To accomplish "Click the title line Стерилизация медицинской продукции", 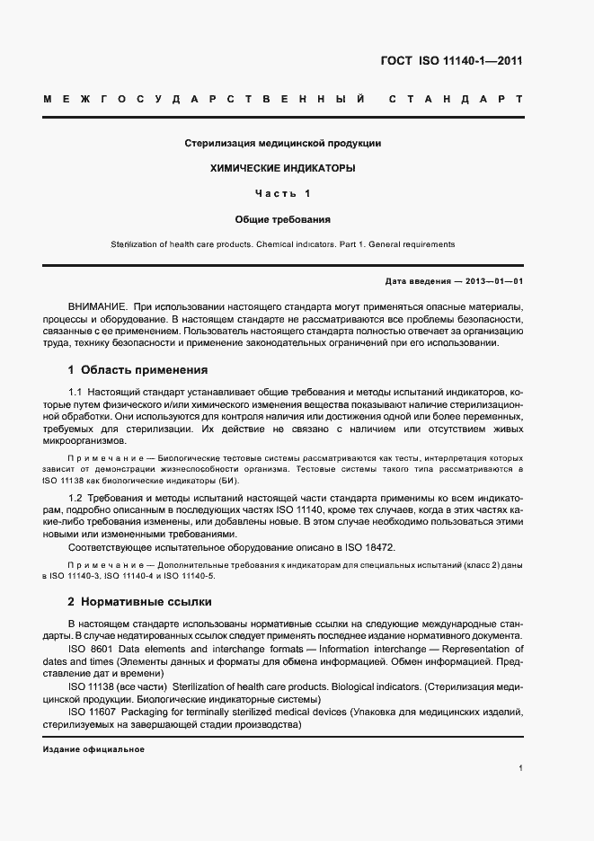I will coord(283,143).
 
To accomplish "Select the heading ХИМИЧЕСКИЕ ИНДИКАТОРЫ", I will coord(283,168).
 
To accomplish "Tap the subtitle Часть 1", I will coord(283,193).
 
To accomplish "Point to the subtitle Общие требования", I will coord(283,218).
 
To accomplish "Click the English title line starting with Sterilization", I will coord(283,243).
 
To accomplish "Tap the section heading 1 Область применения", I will coord(137,369).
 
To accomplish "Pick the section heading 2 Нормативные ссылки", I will coord(140,600).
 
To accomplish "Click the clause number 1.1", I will coord(75,394).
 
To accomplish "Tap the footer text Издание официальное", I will coord(93,749).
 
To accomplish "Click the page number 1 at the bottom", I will coord(520,768).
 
